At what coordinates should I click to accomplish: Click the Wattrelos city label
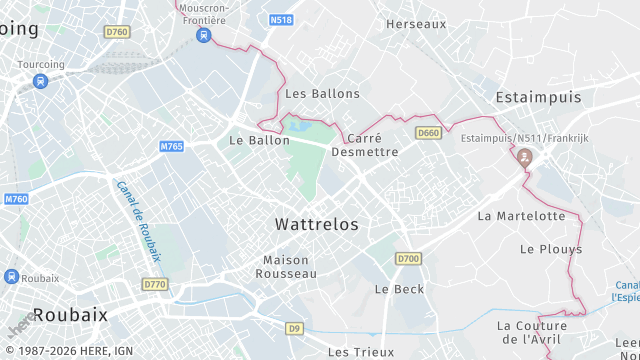click(317, 224)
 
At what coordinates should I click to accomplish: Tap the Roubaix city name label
click(69, 314)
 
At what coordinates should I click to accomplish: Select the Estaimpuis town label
click(539, 97)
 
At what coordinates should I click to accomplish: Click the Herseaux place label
click(416, 23)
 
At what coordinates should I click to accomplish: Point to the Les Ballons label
click(322, 93)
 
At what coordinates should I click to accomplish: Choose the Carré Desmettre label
click(365, 145)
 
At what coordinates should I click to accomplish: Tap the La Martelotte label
click(521, 215)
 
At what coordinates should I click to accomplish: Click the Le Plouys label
click(544, 248)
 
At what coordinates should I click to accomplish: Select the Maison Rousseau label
click(286, 266)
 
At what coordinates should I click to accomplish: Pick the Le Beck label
click(399, 289)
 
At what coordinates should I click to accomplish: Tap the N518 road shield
click(282, 19)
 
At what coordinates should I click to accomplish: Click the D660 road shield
click(429, 133)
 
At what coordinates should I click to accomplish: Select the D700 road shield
click(407, 259)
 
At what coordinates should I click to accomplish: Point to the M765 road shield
click(172, 147)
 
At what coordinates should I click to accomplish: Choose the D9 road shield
click(294, 328)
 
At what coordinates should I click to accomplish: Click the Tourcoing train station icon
click(40, 81)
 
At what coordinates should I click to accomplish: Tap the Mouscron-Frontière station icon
click(204, 35)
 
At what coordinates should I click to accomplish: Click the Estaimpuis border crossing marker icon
click(525, 157)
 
